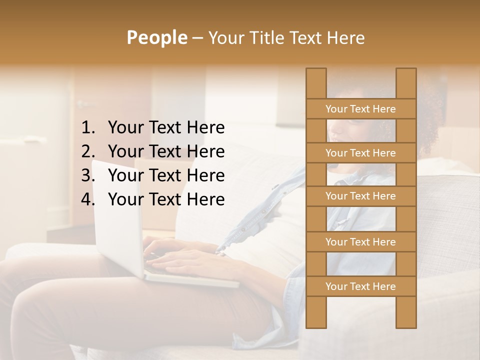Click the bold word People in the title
tap(157, 37)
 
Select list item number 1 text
tap(166, 128)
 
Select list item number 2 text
tap(166, 151)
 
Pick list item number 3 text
tap(166, 175)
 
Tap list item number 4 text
tap(166, 199)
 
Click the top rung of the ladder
tap(360, 109)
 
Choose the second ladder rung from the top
tap(360, 153)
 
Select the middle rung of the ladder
tap(360, 196)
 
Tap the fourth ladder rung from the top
tap(360, 242)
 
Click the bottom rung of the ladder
tap(360, 286)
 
